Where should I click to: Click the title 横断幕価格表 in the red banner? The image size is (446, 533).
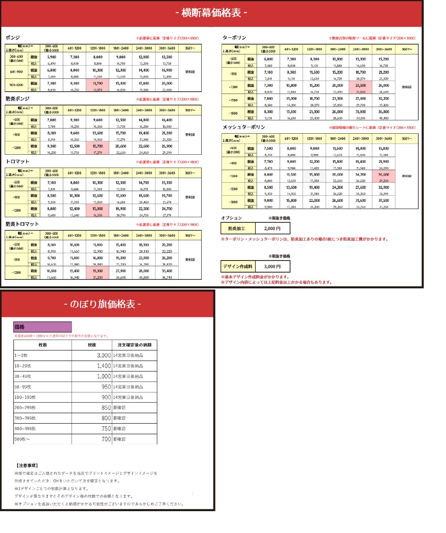pyautogui.click(x=211, y=13)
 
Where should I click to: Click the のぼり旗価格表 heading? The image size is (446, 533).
pyautogui.click(x=102, y=304)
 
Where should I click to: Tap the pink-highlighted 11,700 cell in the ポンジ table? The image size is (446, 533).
pyautogui.click(x=98, y=84)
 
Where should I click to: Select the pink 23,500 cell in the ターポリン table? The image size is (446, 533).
pyautogui.click(x=361, y=86)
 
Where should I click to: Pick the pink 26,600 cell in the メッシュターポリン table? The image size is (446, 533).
pyautogui.click(x=384, y=175)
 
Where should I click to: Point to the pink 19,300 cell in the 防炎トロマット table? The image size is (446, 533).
pyautogui.click(x=98, y=271)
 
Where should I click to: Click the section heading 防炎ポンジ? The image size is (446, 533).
pyautogui.click(x=18, y=99)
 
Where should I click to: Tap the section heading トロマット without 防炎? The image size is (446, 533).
pyautogui.click(x=18, y=162)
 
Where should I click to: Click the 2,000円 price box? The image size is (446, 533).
pyautogui.click(x=272, y=228)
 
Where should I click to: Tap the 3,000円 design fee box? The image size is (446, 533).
pyautogui.click(x=272, y=266)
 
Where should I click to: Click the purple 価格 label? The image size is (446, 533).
pyautogui.click(x=42, y=327)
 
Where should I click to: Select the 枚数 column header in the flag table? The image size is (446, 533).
pyautogui.click(x=42, y=345)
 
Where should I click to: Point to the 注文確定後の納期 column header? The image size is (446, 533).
pyautogui.click(x=135, y=345)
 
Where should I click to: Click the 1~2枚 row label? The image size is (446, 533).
pyautogui.click(x=21, y=356)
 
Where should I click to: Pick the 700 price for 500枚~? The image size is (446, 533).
pyautogui.click(x=106, y=439)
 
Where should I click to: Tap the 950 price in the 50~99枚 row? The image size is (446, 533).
pyautogui.click(x=106, y=387)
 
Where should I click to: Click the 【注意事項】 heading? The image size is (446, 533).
pyautogui.click(x=27, y=465)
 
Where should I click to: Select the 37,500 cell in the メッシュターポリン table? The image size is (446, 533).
pyautogui.click(x=384, y=201)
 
